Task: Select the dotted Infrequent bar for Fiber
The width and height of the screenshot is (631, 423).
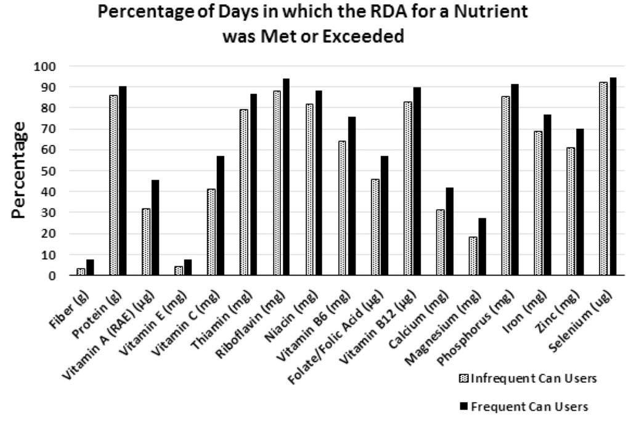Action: click(81, 271)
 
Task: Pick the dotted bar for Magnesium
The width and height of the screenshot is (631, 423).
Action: click(473, 256)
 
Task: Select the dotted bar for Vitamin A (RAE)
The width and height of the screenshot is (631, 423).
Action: click(146, 242)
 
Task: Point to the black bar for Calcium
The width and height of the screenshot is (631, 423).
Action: click(449, 231)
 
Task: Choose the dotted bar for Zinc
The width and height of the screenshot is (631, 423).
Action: click(571, 212)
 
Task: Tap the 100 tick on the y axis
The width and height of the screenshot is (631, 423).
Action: click(47, 67)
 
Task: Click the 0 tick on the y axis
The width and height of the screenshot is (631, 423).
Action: click(54, 276)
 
